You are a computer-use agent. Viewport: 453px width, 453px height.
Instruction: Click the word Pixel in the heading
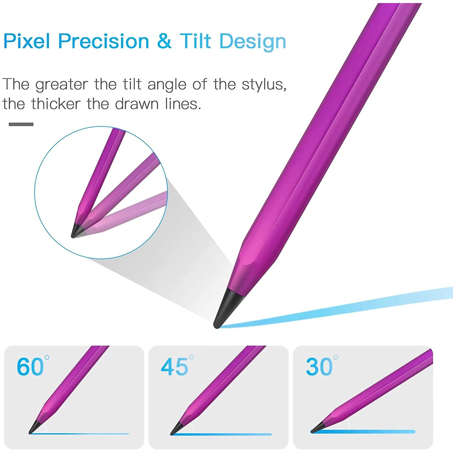tap(27, 41)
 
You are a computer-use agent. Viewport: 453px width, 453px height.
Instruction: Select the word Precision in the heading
tap(104, 41)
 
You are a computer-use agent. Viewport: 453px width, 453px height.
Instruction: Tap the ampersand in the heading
tap(164, 41)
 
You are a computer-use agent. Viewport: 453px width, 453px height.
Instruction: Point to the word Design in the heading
tap(253, 42)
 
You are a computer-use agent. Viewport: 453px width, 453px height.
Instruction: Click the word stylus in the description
tap(264, 85)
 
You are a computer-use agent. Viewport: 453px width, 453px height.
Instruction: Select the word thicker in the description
tap(56, 104)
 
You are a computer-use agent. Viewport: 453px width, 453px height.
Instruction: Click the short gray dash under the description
tap(21, 124)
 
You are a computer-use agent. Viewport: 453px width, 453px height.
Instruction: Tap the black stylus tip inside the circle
tap(77, 231)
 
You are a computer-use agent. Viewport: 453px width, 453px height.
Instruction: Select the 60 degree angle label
tap(33, 366)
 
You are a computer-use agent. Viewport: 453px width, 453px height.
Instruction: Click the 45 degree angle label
tap(177, 366)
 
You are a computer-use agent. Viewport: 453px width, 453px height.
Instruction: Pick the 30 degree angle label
tap(322, 366)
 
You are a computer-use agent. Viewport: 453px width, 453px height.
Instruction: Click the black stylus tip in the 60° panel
tap(34, 427)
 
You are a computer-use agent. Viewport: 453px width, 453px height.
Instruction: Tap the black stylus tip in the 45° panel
tap(177, 428)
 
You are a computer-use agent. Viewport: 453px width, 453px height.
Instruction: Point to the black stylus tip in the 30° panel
tap(318, 427)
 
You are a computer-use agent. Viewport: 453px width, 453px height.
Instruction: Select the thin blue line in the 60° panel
tap(79, 434)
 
